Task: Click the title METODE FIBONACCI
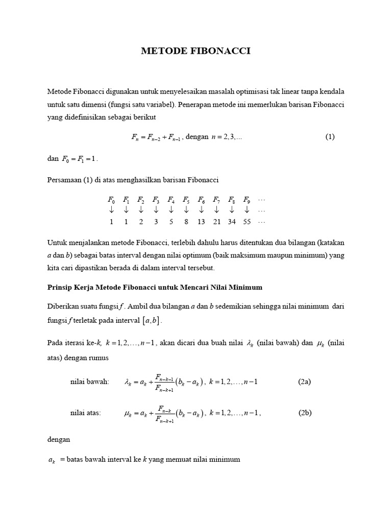(x=196, y=51)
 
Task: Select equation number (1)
(x=330, y=137)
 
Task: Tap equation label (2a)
(x=305, y=382)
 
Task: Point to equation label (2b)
(x=305, y=413)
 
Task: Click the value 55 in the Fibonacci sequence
(x=247, y=222)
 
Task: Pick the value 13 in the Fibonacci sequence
(x=201, y=222)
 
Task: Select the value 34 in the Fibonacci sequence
(x=232, y=222)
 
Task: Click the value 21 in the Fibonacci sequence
(x=216, y=222)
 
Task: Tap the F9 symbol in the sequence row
(x=247, y=200)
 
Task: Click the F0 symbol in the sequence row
(x=111, y=200)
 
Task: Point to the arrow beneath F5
(x=186, y=210)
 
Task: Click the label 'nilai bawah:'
(x=89, y=382)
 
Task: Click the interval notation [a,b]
(x=152, y=321)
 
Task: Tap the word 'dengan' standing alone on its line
(x=59, y=439)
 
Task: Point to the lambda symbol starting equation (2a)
(x=129, y=383)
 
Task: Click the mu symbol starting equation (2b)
(x=129, y=414)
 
